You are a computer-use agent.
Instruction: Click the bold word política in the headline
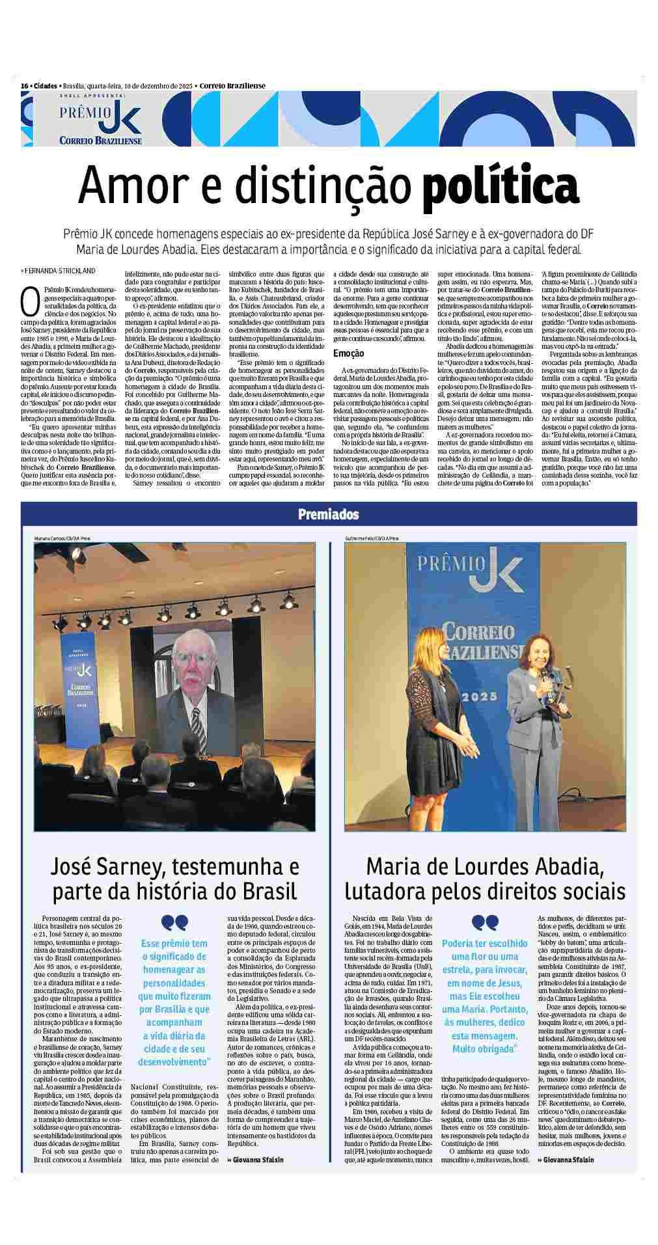click(x=500, y=187)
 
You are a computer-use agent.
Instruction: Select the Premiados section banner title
click(x=329, y=514)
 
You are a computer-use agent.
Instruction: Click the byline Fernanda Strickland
click(x=60, y=270)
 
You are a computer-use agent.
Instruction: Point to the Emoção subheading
click(x=349, y=353)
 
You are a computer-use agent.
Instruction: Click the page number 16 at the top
click(x=25, y=86)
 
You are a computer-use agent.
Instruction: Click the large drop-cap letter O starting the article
click(x=28, y=300)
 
